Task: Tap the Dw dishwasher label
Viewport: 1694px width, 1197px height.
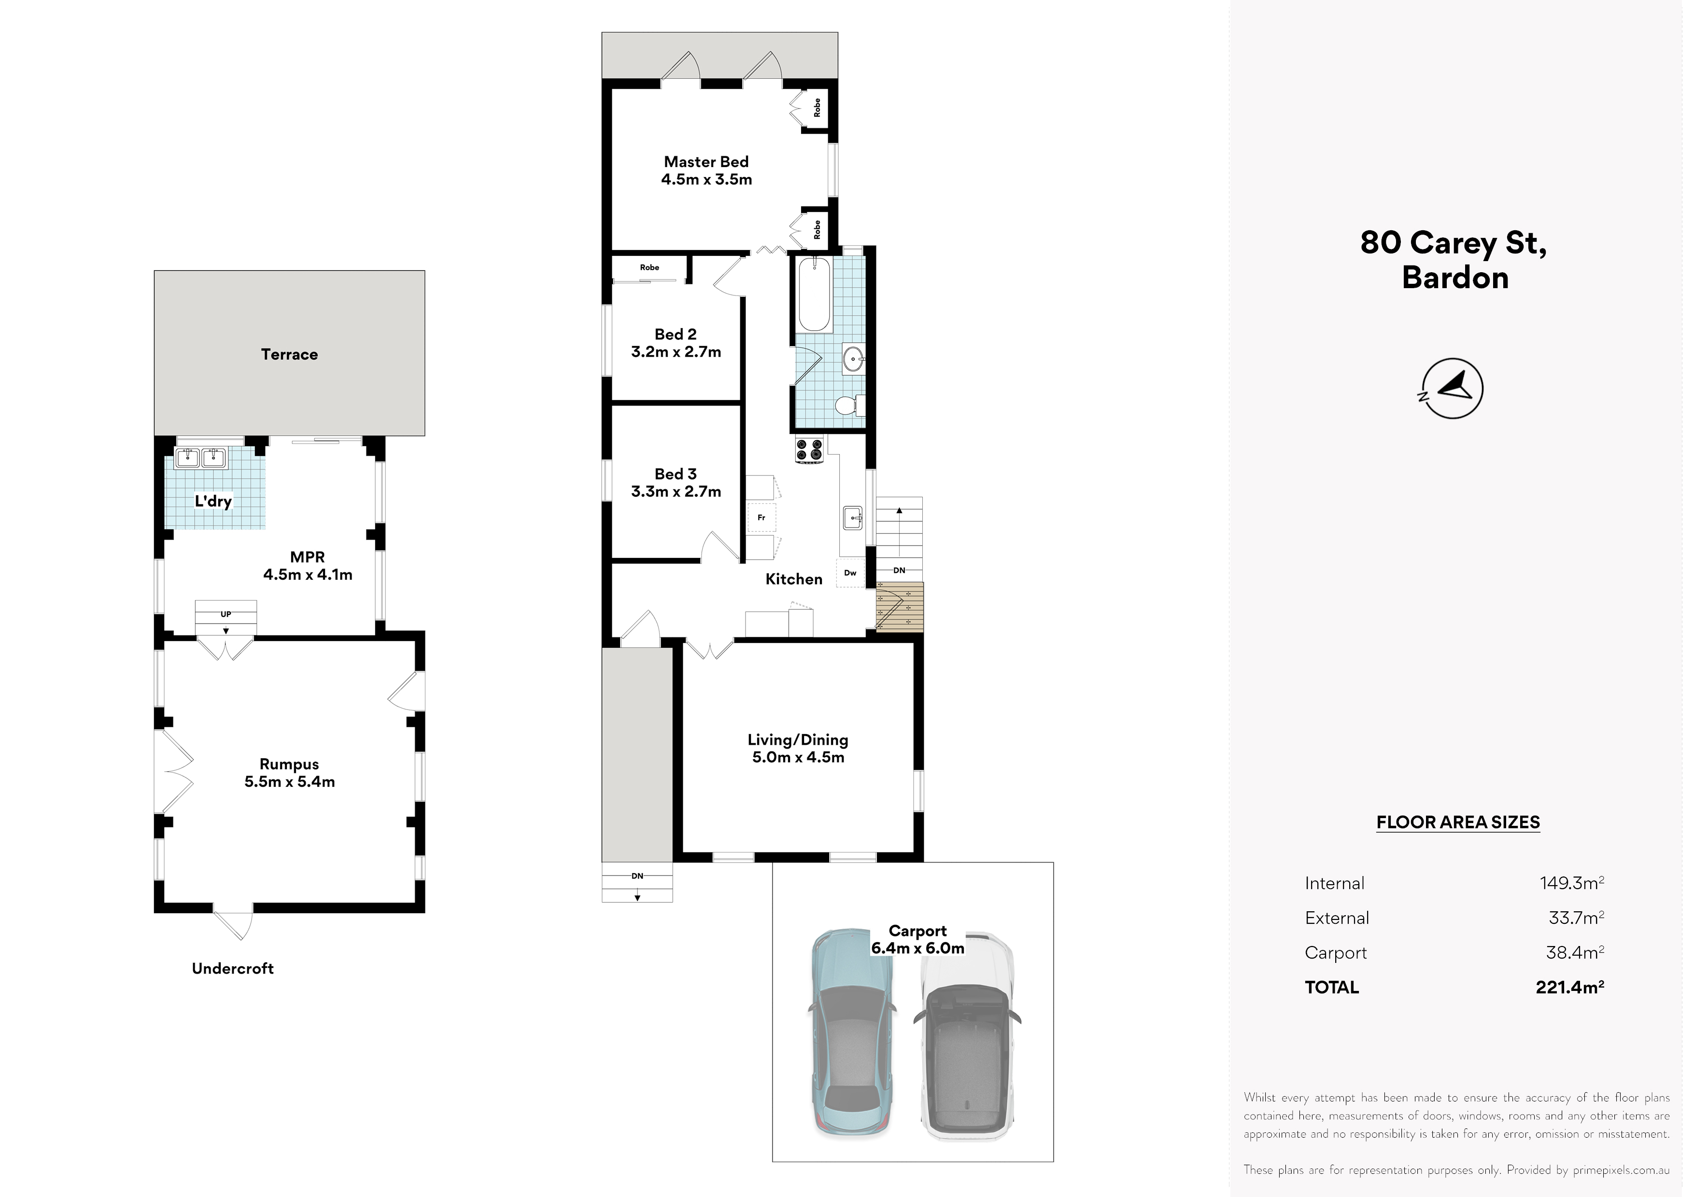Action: click(x=850, y=572)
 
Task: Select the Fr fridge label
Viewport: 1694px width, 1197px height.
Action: click(x=762, y=518)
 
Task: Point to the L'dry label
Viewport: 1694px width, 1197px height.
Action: click(x=213, y=501)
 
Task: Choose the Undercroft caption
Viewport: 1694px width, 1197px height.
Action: click(x=232, y=968)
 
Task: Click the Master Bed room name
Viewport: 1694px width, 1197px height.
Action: click(x=706, y=162)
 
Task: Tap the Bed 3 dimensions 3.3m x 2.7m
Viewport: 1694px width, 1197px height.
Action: click(x=676, y=491)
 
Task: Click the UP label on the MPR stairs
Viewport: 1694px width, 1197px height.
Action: click(x=226, y=614)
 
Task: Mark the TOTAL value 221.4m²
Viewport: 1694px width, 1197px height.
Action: click(x=1570, y=987)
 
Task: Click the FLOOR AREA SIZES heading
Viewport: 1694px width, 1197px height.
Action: click(x=1458, y=822)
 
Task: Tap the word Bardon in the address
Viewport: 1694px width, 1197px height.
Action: click(x=1455, y=278)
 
